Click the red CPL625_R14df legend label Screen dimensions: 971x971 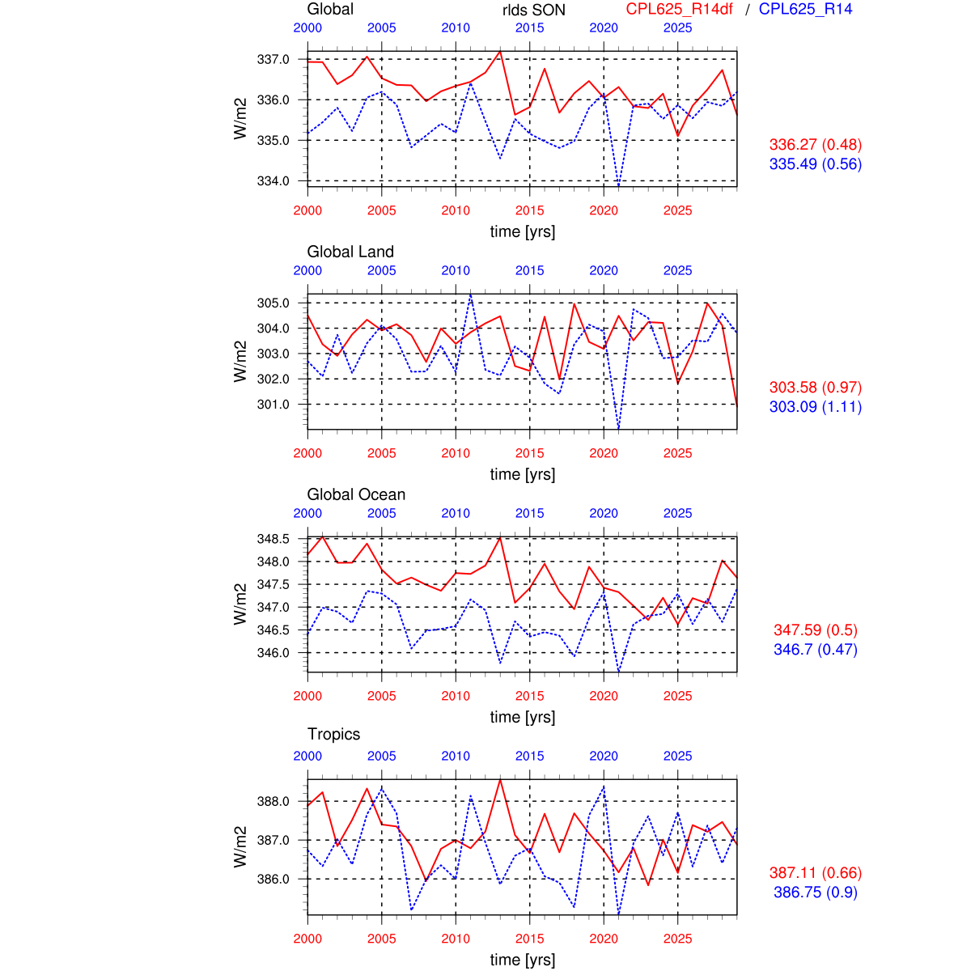tap(679, 10)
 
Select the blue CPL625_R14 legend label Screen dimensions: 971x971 tap(805, 10)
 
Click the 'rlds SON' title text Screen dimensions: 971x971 tap(533, 11)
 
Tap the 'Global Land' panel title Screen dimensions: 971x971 tap(350, 252)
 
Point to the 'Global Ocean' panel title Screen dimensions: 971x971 tap(356, 494)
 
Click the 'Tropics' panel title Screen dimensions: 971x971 tap(333, 734)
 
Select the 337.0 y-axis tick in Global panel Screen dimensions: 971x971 tap(273, 59)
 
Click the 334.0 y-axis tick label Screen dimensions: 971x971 tap(273, 180)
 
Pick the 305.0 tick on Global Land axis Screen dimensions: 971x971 tap(273, 303)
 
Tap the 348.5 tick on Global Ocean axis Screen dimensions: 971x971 tap(273, 539)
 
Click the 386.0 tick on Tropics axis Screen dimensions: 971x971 tap(273, 879)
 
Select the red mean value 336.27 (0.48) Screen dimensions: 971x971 tap(815, 145)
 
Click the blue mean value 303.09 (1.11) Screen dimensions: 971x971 tap(815, 407)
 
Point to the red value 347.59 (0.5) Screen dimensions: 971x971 tap(815, 630)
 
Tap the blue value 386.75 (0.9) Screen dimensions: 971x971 tap(815, 893)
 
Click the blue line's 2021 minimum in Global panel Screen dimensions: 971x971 tap(619, 185)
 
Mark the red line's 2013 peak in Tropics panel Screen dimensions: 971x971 tap(500, 780)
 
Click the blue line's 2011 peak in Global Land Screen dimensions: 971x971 tap(471, 295)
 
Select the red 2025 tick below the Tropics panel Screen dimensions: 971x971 tap(677, 939)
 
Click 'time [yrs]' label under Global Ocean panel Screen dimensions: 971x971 tap(523, 717)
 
